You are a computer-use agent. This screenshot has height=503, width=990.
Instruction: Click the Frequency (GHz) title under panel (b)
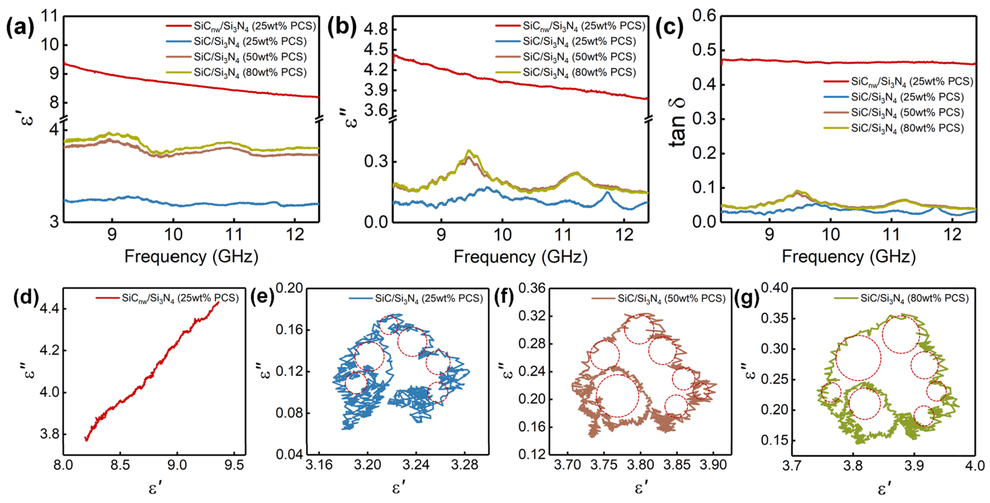(x=521, y=256)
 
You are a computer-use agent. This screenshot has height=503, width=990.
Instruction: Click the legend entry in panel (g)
(x=901, y=298)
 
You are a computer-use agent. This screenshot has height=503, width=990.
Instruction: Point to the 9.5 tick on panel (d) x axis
(x=234, y=465)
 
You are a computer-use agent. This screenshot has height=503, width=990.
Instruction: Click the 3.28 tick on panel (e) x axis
(x=465, y=465)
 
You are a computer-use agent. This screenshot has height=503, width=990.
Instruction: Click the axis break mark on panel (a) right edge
(x=319, y=119)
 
